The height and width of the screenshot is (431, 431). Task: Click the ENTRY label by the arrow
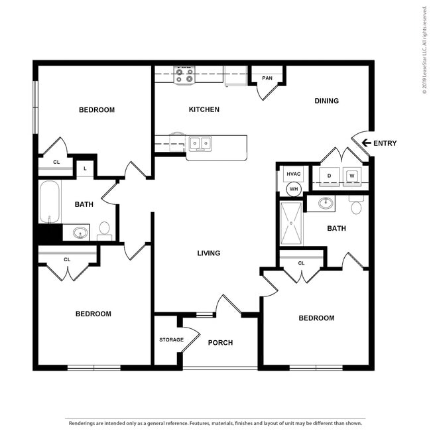pos(385,143)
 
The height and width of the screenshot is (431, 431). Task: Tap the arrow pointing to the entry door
pos(365,143)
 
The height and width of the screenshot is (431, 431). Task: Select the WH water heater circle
pos(293,189)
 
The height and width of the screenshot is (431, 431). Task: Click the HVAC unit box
pos(293,174)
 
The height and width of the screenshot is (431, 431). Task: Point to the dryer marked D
pos(330,176)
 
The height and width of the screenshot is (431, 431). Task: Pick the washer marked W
pos(352,176)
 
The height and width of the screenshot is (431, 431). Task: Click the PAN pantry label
pos(267,78)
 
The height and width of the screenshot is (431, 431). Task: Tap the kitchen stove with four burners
pos(184,75)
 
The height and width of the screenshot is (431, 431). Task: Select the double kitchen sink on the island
pos(200,143)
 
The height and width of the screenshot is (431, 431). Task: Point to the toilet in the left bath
pos(104,230)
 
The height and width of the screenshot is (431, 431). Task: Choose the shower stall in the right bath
pos(290,223)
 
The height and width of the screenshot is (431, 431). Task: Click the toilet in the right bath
pos(356,206)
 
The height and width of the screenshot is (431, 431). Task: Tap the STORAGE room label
pos(171,339)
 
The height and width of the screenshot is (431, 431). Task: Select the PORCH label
pos(220,343)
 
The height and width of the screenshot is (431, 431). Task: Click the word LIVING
pos(208,253)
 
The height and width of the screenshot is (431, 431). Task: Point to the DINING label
pos(326,101)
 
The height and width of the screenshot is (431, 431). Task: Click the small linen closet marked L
pos(85,168)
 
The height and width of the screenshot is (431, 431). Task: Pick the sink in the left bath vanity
pos(80,233)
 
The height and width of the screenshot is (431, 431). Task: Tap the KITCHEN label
pos(204,109)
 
